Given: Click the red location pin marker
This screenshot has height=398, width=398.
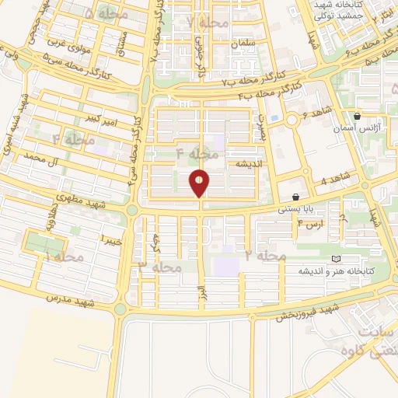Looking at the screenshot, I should point(200,183).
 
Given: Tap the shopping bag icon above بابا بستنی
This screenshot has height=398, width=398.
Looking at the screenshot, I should point(296,197).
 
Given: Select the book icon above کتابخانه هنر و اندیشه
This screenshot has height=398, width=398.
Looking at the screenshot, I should point(336,259).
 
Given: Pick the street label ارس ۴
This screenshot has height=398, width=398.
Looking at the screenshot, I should point(310,224).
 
